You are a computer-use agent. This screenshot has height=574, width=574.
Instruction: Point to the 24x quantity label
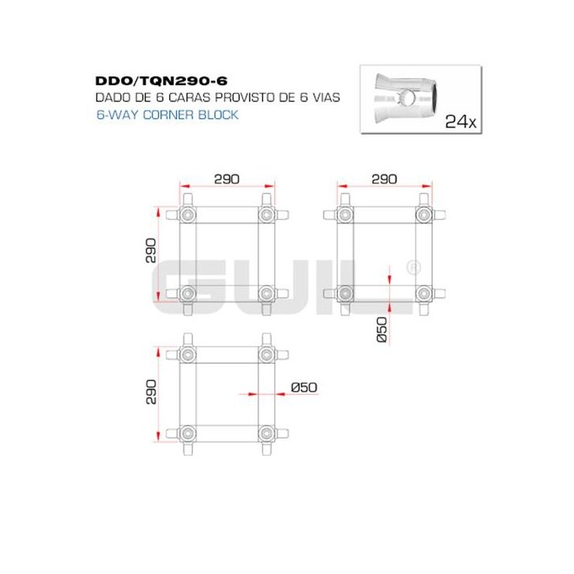pos(460,121)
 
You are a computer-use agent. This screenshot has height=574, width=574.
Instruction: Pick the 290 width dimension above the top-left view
pos(226,179)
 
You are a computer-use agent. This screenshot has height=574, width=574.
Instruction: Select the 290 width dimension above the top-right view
pos(383,179)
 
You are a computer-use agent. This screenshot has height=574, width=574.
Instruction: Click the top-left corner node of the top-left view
pos(187,215)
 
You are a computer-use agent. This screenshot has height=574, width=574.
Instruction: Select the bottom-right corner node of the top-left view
pos(265,293)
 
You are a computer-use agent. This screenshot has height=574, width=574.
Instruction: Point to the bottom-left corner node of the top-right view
pos(344,293)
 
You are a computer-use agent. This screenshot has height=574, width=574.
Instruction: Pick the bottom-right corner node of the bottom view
pos(265,434)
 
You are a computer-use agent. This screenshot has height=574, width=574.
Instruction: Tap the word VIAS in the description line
pos(328,97)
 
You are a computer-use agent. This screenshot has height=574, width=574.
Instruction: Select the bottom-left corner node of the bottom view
pos(187,434)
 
